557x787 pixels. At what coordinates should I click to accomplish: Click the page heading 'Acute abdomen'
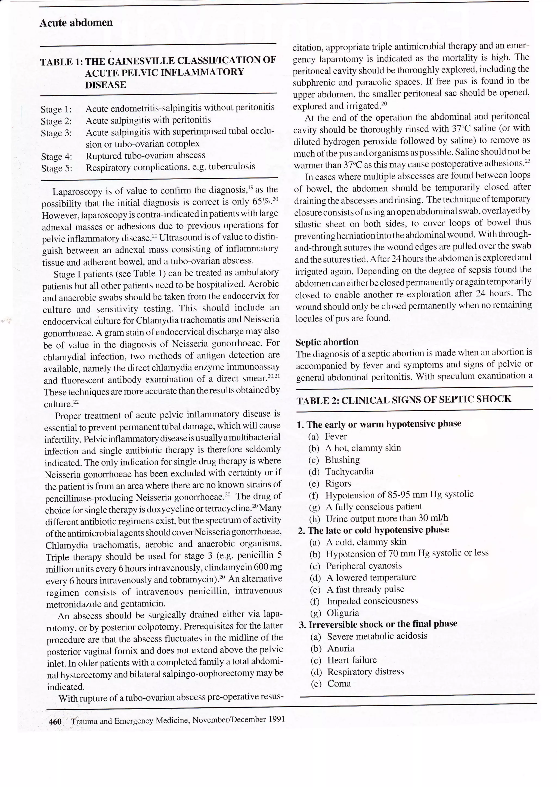(x=76, y=23)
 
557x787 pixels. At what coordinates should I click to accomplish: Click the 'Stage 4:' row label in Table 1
(x=57, y=157)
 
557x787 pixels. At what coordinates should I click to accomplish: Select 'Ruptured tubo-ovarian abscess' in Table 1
(x=146, y=155)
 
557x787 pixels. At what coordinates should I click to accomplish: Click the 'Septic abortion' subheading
(x=327, y=342)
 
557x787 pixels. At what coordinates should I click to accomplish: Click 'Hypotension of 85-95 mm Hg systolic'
(x=399, y=495)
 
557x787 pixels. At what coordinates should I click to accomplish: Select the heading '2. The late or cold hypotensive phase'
(x=373, y=530)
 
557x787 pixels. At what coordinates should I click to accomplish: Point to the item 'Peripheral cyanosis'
(x=364, y=566)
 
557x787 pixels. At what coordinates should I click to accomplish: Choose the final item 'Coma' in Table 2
(x=339, y=683)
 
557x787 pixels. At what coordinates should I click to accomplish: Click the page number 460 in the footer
(x=55, y=722)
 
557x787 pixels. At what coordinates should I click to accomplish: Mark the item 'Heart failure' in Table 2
(x=352, y=660)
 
